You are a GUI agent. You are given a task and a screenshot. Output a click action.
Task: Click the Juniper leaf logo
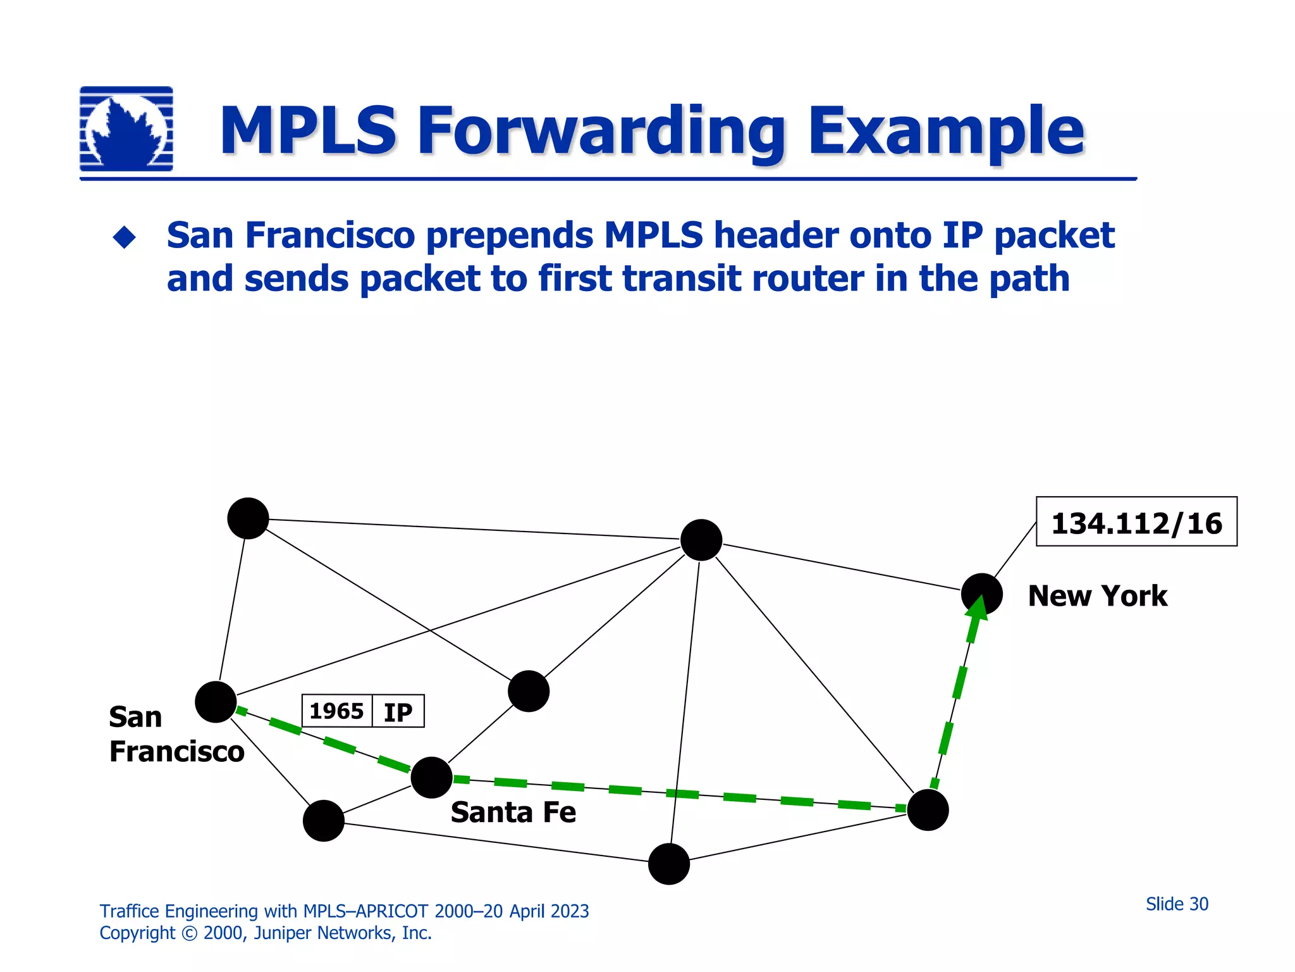pyautogui.click(x=126, y=129)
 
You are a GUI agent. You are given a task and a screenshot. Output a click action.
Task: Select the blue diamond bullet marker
pyautogui.click(x=124, y=237)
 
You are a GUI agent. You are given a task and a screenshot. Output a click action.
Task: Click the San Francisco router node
pyautogui.click(x=216, y=702)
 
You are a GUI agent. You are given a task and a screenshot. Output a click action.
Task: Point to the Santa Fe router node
pyautogui.click(x=431, y=777)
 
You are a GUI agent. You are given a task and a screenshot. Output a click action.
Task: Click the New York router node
pyautogui.click(x=981, y=594)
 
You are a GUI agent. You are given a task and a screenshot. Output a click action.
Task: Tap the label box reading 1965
pyautogui.click(x=336, y=711)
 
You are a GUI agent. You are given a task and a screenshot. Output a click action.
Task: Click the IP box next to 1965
pyautogui.click(x=398, y=712)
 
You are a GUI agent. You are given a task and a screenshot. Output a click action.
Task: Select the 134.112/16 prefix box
pyautogui.click(x=1136, y=522)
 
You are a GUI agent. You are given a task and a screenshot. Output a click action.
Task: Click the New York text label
pyautogui.click(x=1097, y=596)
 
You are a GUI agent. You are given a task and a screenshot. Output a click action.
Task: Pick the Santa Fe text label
pyautogui.click(x=513, y=813)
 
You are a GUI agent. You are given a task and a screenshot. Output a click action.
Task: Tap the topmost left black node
pyautogui.click(x=248, y=518)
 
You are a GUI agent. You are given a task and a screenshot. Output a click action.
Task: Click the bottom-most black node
pyautogui.click(x=669, y=864)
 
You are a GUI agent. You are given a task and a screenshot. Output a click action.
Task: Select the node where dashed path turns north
pyautogui.click(x=928, y=810)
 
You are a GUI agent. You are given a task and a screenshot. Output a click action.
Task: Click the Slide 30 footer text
pyautogui.click(x=1176, y=904)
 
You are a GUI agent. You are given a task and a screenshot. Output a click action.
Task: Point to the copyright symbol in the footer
pyautogui.click(x=189, y=933)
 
